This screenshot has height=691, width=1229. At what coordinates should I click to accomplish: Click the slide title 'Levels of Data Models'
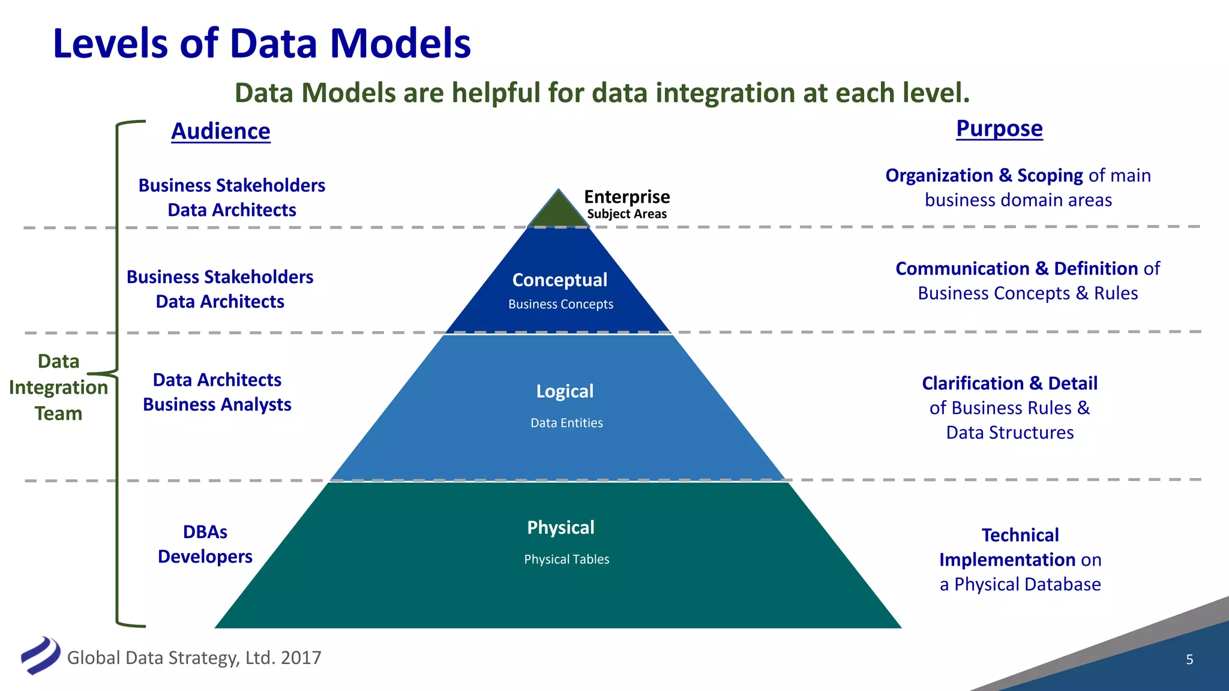coord(262,44)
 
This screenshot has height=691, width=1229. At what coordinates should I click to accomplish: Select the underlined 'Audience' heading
coord(221,131)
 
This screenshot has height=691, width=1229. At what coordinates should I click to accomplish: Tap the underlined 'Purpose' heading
coord(999,129)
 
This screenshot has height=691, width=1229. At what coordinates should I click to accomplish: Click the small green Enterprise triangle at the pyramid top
coord(559,212)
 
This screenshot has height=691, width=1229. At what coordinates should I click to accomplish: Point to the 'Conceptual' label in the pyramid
coord(559,280)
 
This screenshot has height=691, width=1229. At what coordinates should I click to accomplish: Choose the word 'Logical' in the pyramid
coord(565,392)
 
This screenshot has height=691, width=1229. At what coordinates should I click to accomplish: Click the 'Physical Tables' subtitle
coord(566,560)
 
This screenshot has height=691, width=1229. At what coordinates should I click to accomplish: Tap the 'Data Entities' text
coord(566,423)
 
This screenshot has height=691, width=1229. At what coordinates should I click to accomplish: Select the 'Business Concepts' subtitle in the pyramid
coord(560,304)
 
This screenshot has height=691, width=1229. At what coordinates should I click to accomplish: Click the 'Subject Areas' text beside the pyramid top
coord(627,214)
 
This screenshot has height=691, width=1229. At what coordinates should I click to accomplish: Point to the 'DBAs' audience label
coord(205,532)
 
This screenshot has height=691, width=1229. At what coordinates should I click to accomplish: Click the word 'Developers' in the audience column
coord(205,557)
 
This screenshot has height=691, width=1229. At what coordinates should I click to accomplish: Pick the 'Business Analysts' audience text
coord(217,405)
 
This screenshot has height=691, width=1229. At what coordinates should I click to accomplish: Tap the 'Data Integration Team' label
coord(58,387)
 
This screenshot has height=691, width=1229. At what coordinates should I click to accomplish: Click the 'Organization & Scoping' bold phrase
coord(984,176)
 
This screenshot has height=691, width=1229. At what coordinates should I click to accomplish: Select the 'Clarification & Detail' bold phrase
coord(1009,383)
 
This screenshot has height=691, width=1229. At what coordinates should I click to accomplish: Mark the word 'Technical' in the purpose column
coord(1020,535)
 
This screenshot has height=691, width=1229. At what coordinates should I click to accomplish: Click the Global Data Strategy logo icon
coord(40,655)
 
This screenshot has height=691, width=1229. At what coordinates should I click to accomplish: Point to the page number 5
coord(1189,660)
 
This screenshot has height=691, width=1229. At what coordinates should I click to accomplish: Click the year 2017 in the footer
coord(301,658)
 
